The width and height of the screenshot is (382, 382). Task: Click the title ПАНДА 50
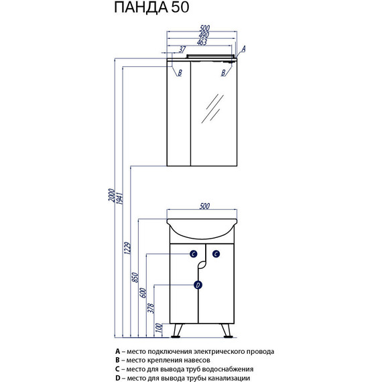click(x=151, y=7)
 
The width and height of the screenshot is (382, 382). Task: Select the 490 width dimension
click(x=204, y=36)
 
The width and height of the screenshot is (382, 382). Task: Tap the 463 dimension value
click(x=202, y=42)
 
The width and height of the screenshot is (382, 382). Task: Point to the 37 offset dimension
click(x=182, y=50)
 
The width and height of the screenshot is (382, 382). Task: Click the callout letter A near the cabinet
click(x=243, y=49)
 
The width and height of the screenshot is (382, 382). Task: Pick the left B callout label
click(x=180, y=72)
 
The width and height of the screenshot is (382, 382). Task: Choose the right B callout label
click(x=223, y=72)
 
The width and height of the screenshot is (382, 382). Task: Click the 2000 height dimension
click(x=111, y=195)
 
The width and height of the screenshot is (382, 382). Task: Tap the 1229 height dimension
click(x=127, y=248)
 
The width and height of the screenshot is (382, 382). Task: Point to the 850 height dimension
click(x=135, y=277)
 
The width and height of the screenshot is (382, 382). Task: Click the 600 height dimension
click(x=143, y=293)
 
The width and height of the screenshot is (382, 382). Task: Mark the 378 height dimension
click(x=151, y=308)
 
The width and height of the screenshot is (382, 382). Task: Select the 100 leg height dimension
click(x=159, y=328)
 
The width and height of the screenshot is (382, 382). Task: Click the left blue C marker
click(x=194, y=254)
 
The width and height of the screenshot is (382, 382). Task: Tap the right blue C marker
click(x=216, y=254)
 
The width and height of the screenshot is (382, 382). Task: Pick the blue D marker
click(x=198, y=285)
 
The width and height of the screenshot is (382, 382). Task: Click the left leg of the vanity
click(x=177, y=331)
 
